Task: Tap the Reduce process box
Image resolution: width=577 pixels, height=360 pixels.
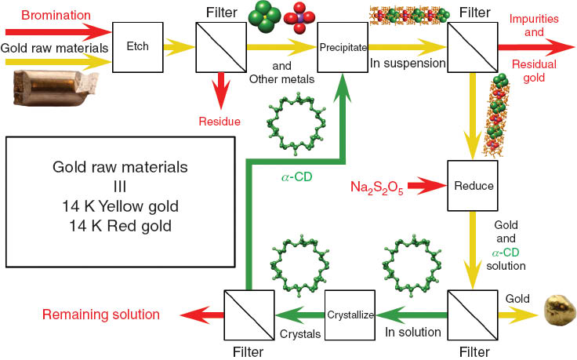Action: tap(472, 187)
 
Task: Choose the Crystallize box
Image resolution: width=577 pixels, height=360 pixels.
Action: tap(351, 314)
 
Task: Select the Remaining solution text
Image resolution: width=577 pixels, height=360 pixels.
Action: tap(100, 315)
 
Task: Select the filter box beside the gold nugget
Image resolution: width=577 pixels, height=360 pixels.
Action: tap(472, 315)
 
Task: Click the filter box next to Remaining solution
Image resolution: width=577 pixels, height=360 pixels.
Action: tap(248, 315)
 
